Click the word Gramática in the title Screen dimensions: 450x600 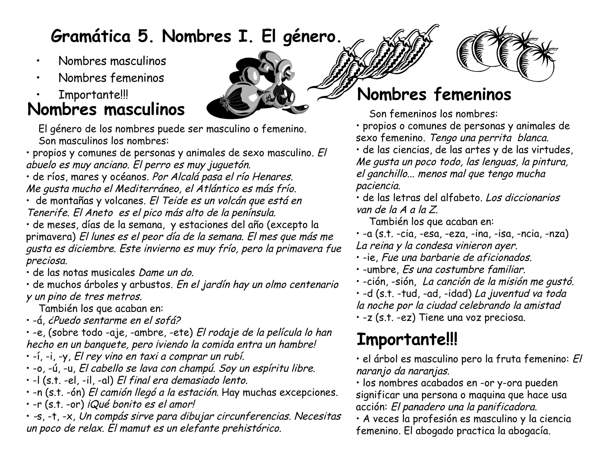click(x=91, y=37)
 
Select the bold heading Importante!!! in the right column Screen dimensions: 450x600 click(x=407, y=340)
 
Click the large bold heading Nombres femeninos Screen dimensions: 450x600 click(x=434, y=95)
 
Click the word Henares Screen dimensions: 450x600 click(x=272, y=177)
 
